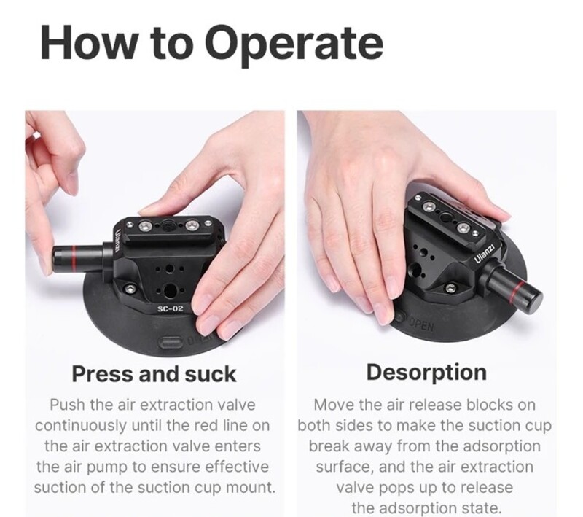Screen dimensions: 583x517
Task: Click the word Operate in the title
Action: pyautogui.click(x=294, y=44)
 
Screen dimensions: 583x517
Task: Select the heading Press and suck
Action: pyautogui.click(x=154, y=374)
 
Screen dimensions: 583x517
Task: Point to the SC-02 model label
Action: pyautogui.click(x=171, y=308)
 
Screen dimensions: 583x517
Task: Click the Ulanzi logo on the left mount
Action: pyautogui.click(x=118, y=241)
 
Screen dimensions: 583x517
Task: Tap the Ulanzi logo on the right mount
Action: pyautogui.click(x=485, y=254)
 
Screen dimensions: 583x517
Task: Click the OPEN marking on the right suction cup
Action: pyautogui.click(x=421, y=325)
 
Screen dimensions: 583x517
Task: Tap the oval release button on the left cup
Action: pyautogui.click(x=171, y=342)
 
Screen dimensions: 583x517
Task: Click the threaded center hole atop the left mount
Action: pyautogui.click(x=167, y=224)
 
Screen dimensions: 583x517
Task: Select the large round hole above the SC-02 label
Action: pyautogui.click(x=171, y=289)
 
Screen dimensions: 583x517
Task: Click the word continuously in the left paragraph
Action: pyautogui.click(x=81, y=426)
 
